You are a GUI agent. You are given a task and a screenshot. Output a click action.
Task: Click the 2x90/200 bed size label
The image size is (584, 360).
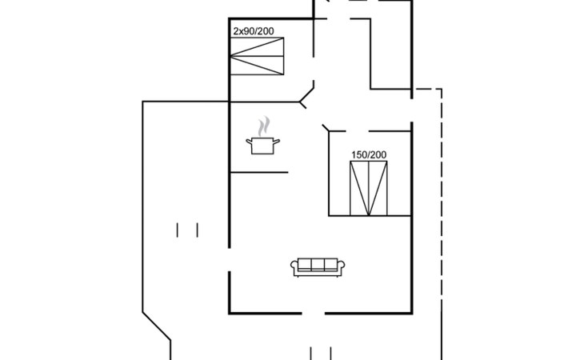[253, 31]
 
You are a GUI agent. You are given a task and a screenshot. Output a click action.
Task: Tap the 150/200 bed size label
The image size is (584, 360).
[369, 154]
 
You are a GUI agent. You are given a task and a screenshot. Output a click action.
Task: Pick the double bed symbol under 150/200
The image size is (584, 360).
[369, 187]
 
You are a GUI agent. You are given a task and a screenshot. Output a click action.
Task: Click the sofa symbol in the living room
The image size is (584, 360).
[317, 267]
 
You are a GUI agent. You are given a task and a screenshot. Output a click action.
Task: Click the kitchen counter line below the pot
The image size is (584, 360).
[258, 172]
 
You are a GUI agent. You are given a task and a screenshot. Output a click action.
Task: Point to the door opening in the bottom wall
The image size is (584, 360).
[314, 313]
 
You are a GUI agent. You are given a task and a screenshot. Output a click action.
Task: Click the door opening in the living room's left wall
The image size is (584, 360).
[230, 257]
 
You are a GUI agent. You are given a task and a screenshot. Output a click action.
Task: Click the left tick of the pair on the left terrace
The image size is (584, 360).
[178, 230]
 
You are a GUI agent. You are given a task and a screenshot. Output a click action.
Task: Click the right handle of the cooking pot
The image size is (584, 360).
[278, 141]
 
